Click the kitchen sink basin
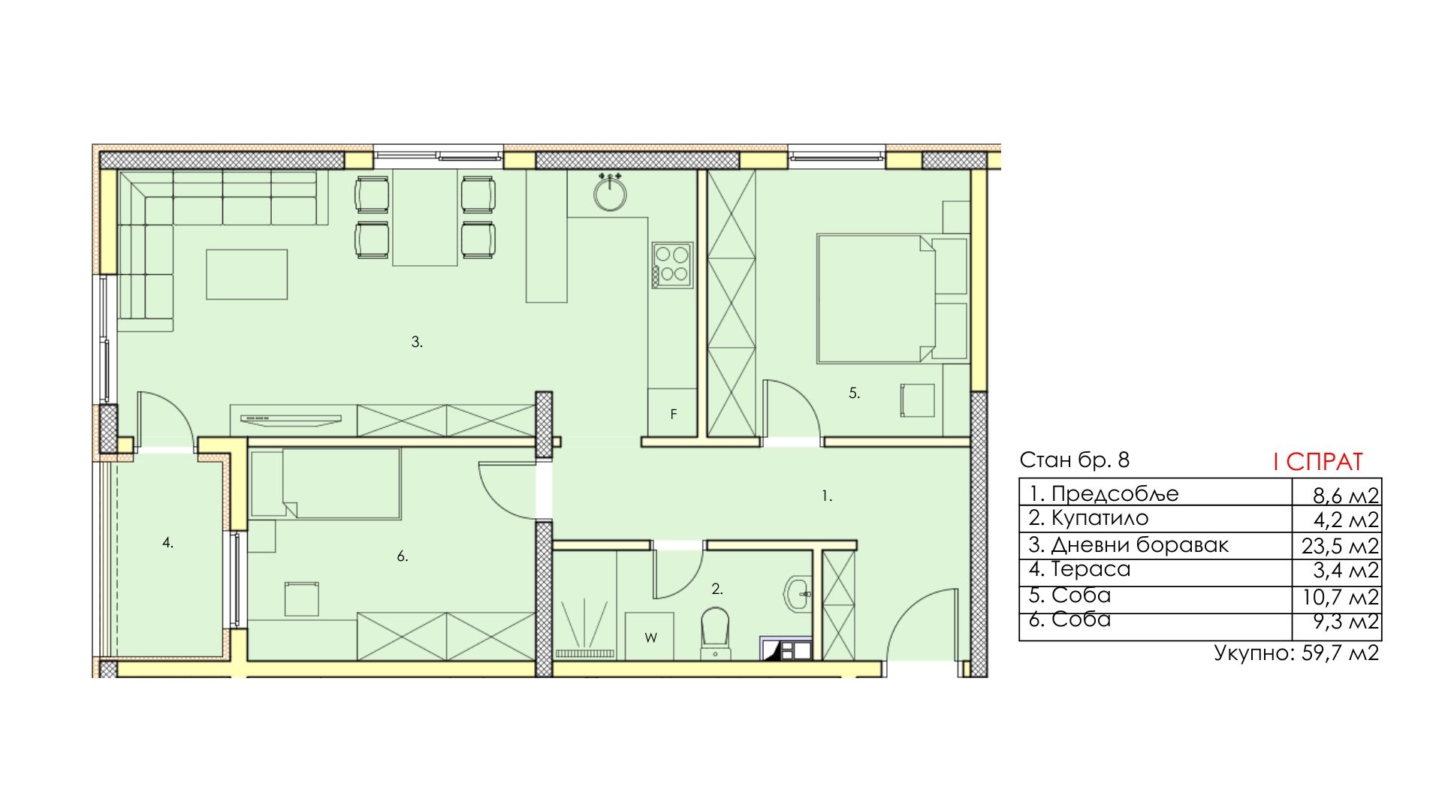coord(610,194)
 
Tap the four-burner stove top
coord(672,266)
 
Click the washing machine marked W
coord(650,637)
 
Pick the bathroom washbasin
coord(797,594)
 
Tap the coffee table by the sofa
coord(247,274)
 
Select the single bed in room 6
coord(325,483)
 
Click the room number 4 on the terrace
coord(168,542)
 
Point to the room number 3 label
coord(417,342)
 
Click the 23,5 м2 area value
coord(1341,546)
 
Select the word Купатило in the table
coord(1100,518)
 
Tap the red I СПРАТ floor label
coord(1317,462)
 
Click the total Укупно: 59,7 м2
coord(1297,653)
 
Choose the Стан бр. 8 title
coord(1074,460)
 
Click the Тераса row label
coord(1091,569)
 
